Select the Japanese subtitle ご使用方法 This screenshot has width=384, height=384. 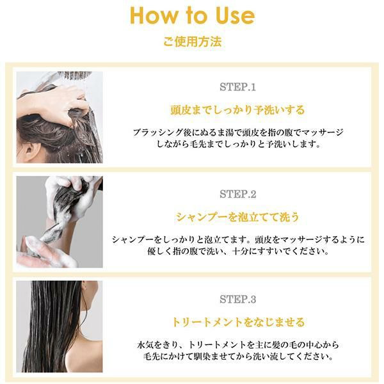192,41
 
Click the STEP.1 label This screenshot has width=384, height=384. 237,87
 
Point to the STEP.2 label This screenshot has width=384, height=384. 237,194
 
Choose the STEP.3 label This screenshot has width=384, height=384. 237,299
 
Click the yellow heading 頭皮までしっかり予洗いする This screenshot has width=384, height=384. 237,110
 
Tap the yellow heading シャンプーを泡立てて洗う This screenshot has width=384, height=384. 237,217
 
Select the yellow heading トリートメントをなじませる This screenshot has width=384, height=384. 238,322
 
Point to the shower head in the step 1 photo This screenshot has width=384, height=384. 71,76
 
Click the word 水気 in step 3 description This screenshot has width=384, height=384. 145,345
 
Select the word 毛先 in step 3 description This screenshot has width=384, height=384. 151,356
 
